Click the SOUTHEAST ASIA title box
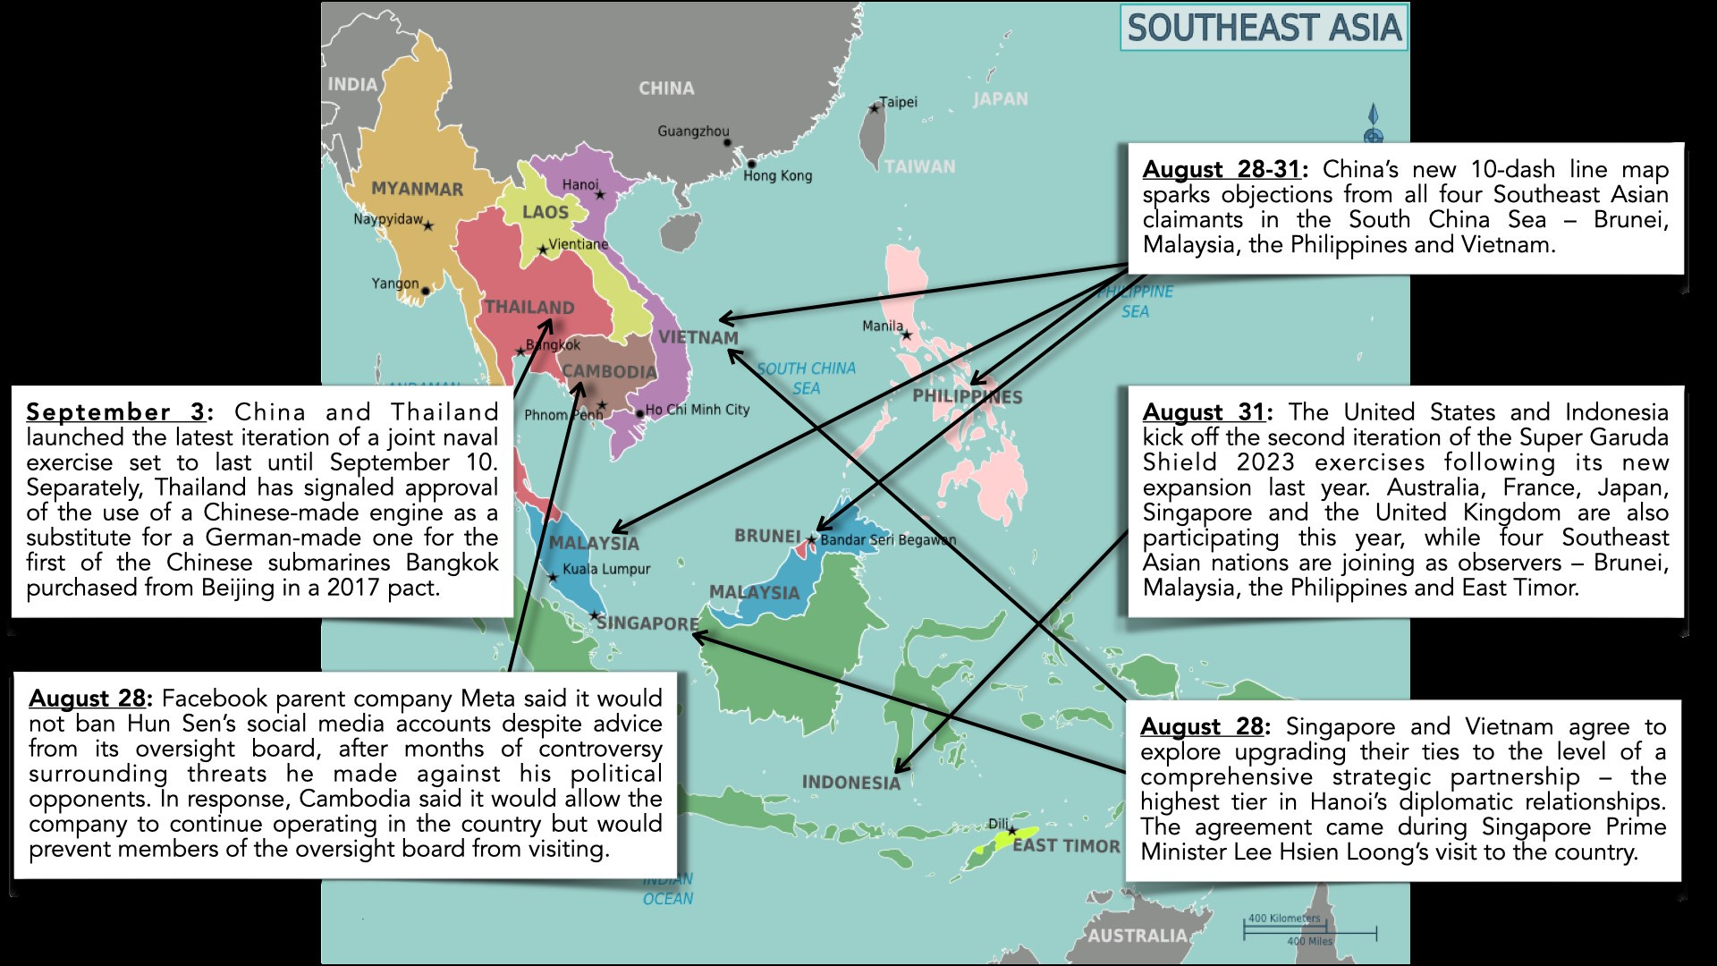point(1263,28)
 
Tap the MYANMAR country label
point(417,189)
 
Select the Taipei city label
point(898,102)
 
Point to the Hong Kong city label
point(777,175)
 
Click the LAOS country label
point(545,212)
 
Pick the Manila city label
point(882,326)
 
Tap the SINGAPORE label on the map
point(647,623)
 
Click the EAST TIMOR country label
point(1066,845)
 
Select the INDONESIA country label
point(850,783)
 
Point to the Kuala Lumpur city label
point(606,569)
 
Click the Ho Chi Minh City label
point(698,410)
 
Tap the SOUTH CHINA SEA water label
point(806,378)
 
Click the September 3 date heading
point(117,412)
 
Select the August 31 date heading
point(1205,412)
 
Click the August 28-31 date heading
point(1222,170)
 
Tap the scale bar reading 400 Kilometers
point(1283,919)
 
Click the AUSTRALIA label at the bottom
point(1137,936)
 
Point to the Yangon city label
point(394,284)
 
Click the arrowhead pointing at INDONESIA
point(899,768)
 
